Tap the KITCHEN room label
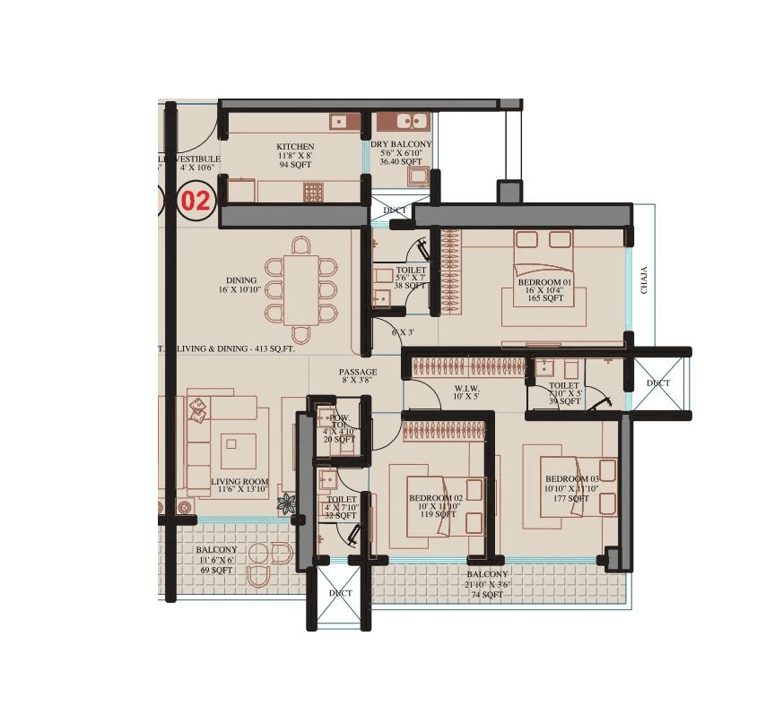295,146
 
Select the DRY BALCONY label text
401,144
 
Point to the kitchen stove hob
313,192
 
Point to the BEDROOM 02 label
435,497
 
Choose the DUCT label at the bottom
340,593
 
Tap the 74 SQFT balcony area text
486,594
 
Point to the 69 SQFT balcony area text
216,570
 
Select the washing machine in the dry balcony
417,176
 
